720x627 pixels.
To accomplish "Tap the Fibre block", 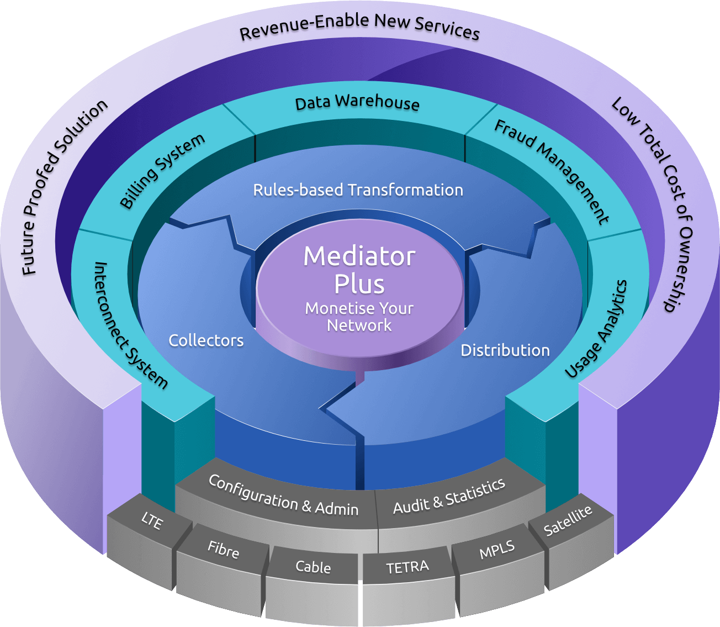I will pyautogui.click(x=223, y=550).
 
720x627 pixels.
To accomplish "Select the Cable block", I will pyautogui.click(x=313, y=567).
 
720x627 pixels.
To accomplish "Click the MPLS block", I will pyautogui.click(x=497, y=550).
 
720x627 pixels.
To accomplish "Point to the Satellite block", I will pyautogui.click(x=568, y=520).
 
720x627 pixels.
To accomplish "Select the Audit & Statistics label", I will pyautogui.click(x=449, y=496).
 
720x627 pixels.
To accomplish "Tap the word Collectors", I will pyautogui.click(x=206, y=340).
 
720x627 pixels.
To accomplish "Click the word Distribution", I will pyautogui.click(x=505, y=350).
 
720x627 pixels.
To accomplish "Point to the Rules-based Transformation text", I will pyautogui.click(x=358, y=190).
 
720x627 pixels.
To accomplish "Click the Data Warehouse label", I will pyautogui.click(x=357, y=103).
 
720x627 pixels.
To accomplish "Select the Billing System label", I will pyautogui.click(x=162, y=171).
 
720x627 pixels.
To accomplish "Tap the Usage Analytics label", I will pyautogui.click(x=596, y=329).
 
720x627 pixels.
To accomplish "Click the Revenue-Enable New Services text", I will pyautogui.click(x=359, y=27).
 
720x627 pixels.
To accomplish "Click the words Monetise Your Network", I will pyautogui.click(x=359, y=317).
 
